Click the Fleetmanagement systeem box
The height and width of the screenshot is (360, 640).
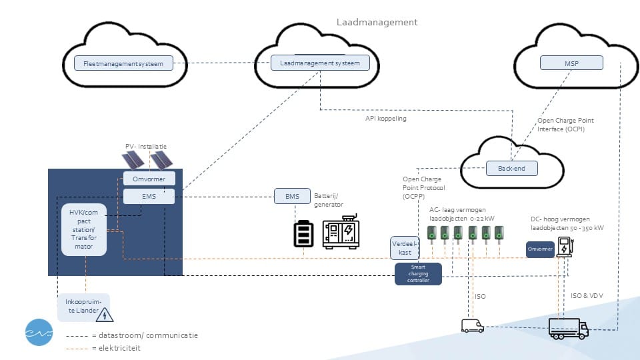123,63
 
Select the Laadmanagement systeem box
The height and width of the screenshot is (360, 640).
320,63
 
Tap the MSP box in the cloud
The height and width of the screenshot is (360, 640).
571,63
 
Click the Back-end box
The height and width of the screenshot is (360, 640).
511,169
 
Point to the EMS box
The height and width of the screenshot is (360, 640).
149,196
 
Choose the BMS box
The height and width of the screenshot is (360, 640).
292,196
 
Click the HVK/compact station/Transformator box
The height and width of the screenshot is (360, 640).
85,229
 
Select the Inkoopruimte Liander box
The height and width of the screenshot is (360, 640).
83,307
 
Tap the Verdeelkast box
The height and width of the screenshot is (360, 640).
405,248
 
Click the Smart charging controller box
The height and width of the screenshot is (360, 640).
418,274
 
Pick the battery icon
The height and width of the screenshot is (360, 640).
304,234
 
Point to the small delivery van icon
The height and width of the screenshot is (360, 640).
472,325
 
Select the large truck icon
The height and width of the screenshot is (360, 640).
568,328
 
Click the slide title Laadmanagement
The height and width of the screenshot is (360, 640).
377,22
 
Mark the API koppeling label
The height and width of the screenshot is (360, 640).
385,119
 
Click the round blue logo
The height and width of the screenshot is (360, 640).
39,332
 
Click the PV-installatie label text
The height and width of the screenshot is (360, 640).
146,146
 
